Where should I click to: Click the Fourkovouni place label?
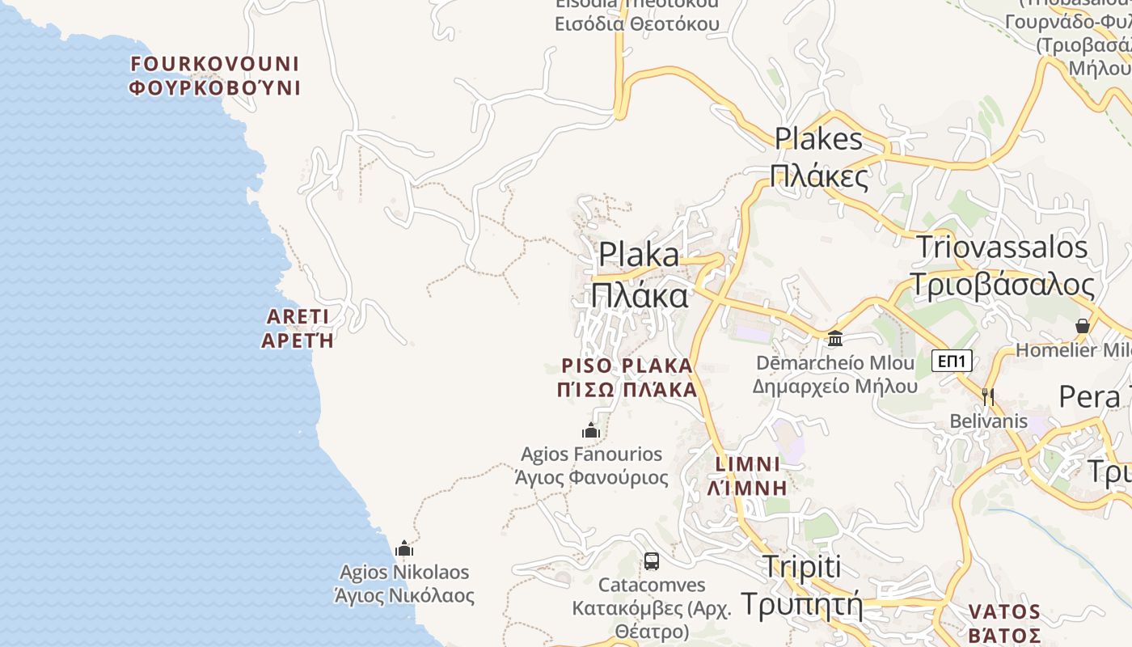tap(215, 75)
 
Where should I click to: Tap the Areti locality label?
tap(298, 328)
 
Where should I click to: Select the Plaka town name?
tap(639, 275)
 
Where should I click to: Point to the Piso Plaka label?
tap(627, 378)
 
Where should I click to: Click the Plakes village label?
tap(819, 157)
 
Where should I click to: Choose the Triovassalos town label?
tap(1003, 266)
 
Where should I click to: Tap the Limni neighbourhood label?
tap(748, 476)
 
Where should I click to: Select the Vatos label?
tap(1004, 622)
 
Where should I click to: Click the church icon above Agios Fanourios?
tap(591, 430)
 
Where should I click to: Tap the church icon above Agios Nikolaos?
tap(404, 548)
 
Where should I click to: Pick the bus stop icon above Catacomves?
tap(651, 560)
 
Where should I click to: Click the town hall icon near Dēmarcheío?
tap(835, 337)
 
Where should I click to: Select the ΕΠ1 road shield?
tap(952, 361)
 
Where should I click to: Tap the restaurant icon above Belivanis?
tap(987, 396)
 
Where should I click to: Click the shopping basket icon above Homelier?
tap(1083, 326)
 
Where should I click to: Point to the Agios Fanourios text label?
tap(592, 466)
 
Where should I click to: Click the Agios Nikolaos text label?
tap(404, 584)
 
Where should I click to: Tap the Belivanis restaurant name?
tap(988, 421)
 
